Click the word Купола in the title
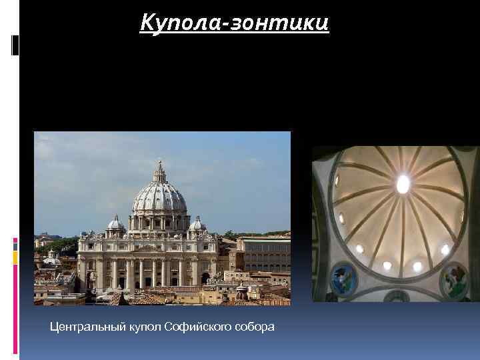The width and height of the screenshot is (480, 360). click(179, 23)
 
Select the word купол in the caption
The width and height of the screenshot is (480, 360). click(142, 327)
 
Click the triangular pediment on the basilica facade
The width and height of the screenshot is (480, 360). click(147, 248)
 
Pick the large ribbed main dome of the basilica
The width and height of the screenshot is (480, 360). click(159, 200)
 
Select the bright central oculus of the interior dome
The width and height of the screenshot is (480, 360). click(403, 183)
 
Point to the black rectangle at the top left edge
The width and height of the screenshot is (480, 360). click(15, 45)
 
